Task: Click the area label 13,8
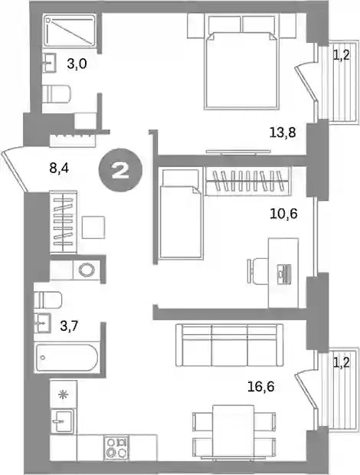[282, 133]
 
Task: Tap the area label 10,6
[283, 215]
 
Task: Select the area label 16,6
[260, 387]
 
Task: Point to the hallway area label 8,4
[59, 168]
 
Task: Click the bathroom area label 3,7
[70, 326]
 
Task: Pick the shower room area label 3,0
[77, 64]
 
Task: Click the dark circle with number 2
[120, 171]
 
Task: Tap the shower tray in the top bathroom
[70, 31]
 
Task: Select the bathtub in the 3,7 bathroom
[67, 358]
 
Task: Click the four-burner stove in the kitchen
[116, 447]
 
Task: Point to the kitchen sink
[63, 421]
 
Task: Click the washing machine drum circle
[87, 270]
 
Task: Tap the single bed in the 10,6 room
[181, 214]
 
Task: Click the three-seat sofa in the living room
[230, 346]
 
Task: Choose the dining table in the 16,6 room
[233, 431]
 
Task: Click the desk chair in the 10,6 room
[257, 270]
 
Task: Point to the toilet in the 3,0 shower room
[57, 93]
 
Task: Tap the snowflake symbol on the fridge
[63, 395]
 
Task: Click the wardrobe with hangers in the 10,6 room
[247, 181]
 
